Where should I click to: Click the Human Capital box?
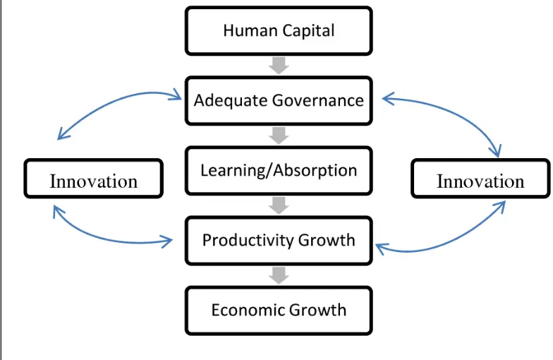coord(279,31)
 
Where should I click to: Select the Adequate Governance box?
coord(279,100)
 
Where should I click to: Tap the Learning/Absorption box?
coord(279,171)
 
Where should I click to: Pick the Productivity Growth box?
coord(279,240)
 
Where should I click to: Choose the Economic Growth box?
coord(279,311)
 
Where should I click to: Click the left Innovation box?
coord(93,178)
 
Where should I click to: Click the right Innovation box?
coord(480,178)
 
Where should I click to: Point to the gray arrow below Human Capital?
coord(279,66)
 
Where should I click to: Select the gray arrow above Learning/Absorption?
coord(279,136)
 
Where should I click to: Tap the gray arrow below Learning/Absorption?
coord(279,205)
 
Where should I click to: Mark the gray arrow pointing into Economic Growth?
coord(279,275)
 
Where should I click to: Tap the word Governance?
coord(318,100)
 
